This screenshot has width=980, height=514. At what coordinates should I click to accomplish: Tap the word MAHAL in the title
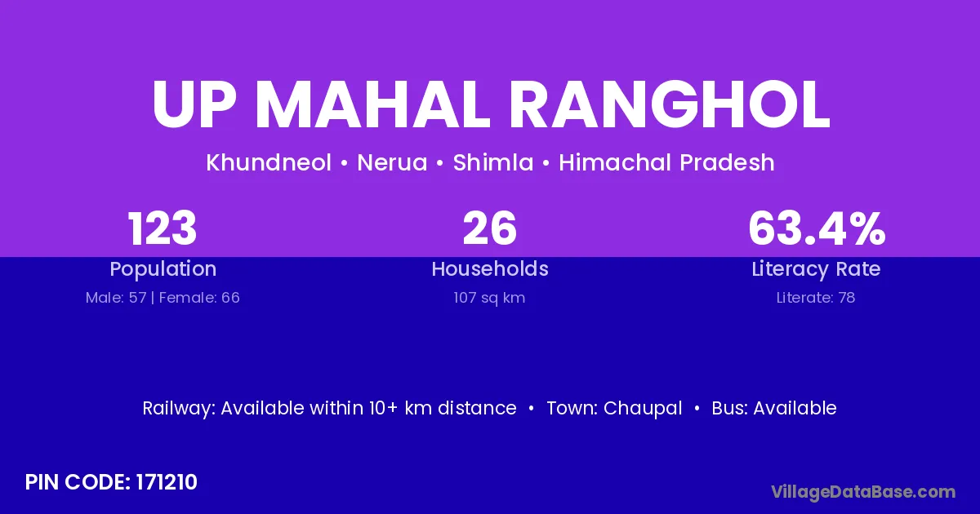point(372,105)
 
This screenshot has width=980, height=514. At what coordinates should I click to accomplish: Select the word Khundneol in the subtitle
point(269,162)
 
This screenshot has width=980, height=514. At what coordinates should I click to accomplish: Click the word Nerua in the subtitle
point(392,162)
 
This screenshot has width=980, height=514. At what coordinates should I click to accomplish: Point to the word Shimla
point(493,162)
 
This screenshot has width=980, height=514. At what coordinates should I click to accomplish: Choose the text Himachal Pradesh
point(666,162)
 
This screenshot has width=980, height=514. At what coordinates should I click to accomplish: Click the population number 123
point(163,228)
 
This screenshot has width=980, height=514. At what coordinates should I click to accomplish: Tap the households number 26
point(490,228)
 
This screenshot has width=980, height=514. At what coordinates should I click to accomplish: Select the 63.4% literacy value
point(817,228)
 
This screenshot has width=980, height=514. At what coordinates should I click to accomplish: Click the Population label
point(163,269)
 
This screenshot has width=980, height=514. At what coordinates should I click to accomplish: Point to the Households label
point(490,268)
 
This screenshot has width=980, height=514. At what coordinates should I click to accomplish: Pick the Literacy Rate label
point(816,269)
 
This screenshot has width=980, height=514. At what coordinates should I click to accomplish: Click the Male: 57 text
point(116,298)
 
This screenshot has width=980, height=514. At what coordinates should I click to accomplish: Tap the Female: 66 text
point(199,298)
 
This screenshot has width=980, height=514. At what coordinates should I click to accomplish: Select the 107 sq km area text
point(489,298)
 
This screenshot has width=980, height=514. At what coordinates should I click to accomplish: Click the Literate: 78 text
point(816,298)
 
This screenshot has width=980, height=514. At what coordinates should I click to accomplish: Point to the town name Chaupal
point(643,409)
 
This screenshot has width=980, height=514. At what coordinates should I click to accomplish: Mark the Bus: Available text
point(774,408)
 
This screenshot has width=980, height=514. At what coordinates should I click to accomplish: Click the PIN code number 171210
point(167,482)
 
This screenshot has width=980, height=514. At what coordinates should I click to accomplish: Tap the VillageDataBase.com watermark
point(864,492)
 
